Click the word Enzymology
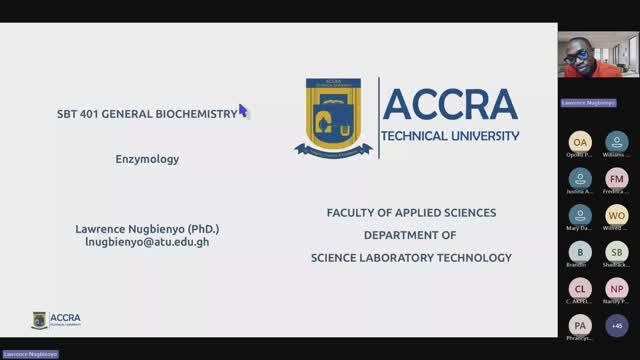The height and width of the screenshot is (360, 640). pos(146,158)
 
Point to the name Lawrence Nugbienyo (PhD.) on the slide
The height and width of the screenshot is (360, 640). pos(146,228)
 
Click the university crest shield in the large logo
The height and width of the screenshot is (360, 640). pos(334,117)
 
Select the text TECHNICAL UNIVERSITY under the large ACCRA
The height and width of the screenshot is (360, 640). pos(451,136)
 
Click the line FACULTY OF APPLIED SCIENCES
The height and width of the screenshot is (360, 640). pos(411,213)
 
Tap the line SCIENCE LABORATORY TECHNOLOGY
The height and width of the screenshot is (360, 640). pos(411,257)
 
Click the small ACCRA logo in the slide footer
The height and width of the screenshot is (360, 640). pos(56,319)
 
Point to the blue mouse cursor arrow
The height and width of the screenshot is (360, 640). pos(243,110)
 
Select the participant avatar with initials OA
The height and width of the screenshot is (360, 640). pos(580,142)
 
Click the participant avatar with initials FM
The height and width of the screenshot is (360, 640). pos(616,179)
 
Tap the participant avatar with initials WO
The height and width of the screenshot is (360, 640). pos(616,215)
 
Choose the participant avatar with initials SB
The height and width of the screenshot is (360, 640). pos(616,252)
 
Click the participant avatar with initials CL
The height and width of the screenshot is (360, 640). pos(580,288)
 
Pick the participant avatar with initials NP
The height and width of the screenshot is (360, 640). pos(616,288)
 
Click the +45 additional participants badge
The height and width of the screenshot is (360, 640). pos(616,325)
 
